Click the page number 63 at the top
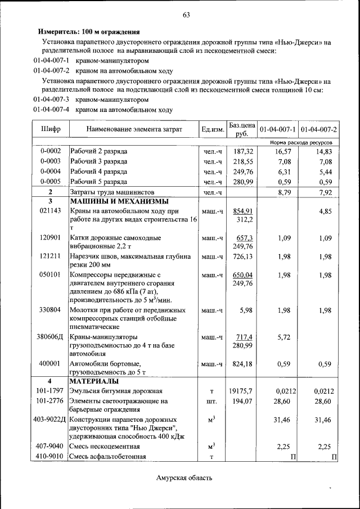pyautogui.click(x=186, y=15)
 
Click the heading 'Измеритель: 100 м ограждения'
pyautogui.click(x=88, y=32)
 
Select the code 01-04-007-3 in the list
pyautogui.click(x=51, y=100)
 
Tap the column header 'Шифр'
pyautogui.click(x=51, y=130)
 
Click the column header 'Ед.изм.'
pyautogui.click(x=213, y=130)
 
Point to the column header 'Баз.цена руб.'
pyautogui.click(x=242, y=129)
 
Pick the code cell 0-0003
pyautogui.click(x=51, y=161)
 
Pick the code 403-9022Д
pyautogui.click(x=49, y=420)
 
